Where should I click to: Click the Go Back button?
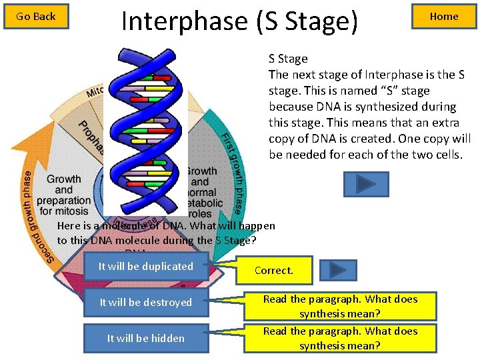[x=36, y=17]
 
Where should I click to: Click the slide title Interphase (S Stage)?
[x=239, y=21]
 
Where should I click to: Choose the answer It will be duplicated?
[x=146, y=267]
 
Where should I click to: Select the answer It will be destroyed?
[x=146, y=303]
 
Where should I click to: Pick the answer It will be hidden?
[x=146, y=339]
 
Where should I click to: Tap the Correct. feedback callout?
[x=274, y=271]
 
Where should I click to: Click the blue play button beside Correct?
[x=338, y=270]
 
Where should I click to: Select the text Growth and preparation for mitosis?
[x=64, y=195]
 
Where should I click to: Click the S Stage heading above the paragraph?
[x=288, y=59]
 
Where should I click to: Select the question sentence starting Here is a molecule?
[x=166, y=233]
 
